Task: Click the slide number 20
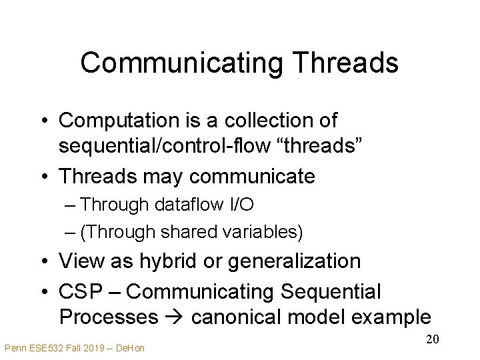(432, 340)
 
